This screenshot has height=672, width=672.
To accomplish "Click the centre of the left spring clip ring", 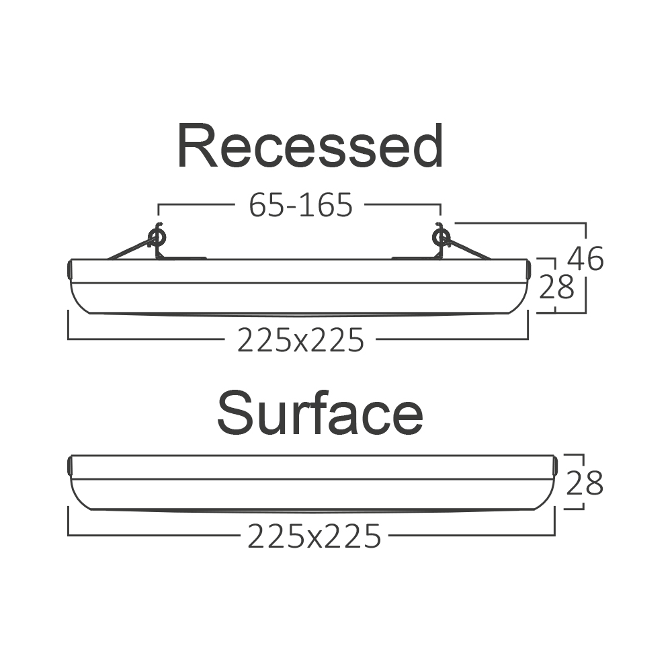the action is (x=157, y=237).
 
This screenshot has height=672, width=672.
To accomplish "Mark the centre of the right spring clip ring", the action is (x=441, y=237).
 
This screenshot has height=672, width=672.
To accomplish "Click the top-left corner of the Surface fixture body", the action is (x=72, y=455).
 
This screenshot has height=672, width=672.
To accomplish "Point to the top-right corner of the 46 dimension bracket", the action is (x=585, y=223).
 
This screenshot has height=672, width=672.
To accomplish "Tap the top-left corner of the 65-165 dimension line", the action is (x=159, y=205).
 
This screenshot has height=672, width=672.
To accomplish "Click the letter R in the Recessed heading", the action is (x=198, y=146).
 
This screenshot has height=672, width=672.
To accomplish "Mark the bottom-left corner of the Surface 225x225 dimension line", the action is (x=68, y=536).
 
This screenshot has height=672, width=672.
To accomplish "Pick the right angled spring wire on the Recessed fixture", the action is (x=468, y=249).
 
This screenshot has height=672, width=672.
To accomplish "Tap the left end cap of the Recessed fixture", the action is (x=69, y=269).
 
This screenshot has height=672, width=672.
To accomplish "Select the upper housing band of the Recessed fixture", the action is (x=300, y=271).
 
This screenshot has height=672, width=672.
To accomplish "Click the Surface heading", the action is (x=320, y=413).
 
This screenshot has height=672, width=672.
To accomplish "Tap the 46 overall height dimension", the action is (x=585, y=259).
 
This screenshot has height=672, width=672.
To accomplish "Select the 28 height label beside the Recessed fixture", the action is (x=556, y=287).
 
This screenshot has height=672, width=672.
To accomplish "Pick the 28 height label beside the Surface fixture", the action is (x=584, y=483).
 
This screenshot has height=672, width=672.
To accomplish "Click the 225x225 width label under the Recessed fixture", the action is (x=300, y=340).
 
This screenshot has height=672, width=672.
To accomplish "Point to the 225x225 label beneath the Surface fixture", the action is (x=314, y=536).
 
